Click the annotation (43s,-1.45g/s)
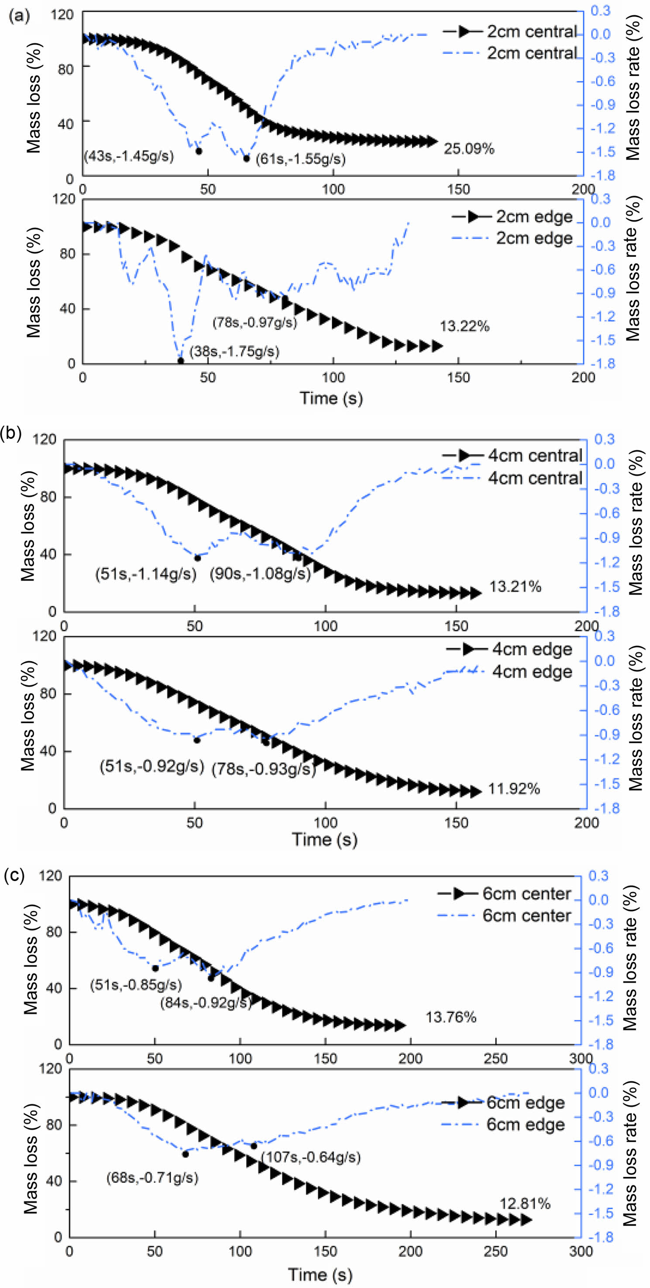129,157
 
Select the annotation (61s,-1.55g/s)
301,159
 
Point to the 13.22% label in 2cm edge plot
464,327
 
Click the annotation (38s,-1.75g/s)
234,352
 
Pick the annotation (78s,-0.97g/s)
254,322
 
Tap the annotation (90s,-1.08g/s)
260,574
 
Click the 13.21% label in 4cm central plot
515,587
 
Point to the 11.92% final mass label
514,789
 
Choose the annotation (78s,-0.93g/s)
263,769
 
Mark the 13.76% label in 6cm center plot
451,1017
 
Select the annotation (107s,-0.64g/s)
311,1157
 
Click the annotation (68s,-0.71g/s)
152,1178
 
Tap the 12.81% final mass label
524,1204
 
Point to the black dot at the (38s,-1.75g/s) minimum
180,361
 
